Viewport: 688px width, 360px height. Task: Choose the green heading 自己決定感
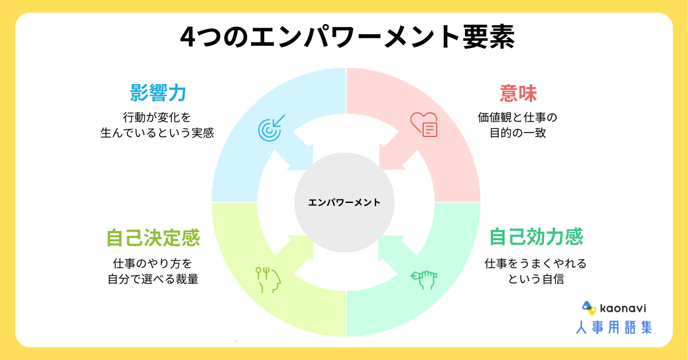[153, 237]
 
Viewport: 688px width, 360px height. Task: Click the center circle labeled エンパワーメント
[344, 202]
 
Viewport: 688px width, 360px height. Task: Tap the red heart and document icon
[424, 124]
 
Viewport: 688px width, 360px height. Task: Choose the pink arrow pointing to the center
[396, 151]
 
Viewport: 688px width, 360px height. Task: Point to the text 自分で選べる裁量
[153, 279]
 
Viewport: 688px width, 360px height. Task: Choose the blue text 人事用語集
[614, 327]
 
